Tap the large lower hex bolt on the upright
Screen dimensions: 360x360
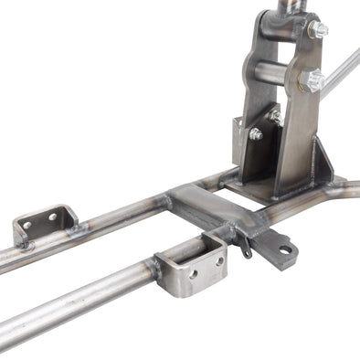(314, 80)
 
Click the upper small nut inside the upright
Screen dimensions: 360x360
(275, 116)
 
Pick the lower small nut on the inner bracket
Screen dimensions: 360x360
(257, 134)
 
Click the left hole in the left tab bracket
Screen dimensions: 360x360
(27, 225)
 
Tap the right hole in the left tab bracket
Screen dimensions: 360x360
(51, 217)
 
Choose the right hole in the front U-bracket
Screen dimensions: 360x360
(218, 260)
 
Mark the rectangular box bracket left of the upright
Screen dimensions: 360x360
(247, 146)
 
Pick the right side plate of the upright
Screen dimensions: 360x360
(297, 119)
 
